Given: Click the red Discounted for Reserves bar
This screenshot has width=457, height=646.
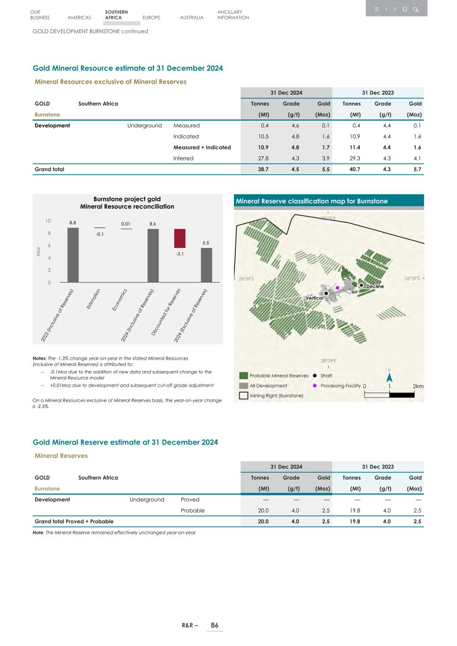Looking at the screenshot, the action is pos(179,238).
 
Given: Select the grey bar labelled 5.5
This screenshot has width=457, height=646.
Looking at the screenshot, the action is pos(206,265).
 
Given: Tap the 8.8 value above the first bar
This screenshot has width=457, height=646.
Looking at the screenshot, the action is pos(73,222).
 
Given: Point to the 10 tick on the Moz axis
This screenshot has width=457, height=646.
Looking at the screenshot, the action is pos(48,221).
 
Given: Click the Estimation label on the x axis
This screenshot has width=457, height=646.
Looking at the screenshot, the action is pos(93,299).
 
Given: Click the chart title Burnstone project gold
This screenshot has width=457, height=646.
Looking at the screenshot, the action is pos(127,199).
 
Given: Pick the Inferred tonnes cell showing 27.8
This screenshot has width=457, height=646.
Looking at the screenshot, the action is pos(263,159).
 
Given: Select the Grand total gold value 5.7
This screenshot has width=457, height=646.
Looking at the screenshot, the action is pos(417,169).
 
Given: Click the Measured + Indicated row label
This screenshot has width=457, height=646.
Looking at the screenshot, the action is pos(202,147).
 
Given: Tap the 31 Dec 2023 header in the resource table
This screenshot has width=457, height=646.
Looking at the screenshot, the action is pos(377,93).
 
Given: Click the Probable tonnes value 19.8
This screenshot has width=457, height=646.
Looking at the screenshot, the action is pos(355,511).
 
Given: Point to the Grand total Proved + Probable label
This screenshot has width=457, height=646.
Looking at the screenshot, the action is pos(74,522).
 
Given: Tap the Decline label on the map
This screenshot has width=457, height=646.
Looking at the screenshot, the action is pos(375,286).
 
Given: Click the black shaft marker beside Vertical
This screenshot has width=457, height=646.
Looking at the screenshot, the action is pos(326,293).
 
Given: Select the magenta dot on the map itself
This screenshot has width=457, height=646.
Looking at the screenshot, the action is pos(337,288).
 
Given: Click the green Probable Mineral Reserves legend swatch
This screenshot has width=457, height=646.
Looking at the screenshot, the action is pos(243,375).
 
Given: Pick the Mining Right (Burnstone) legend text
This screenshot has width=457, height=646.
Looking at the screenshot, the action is pos(277,396).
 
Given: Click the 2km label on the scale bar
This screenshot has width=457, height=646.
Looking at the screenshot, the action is pos(418,386).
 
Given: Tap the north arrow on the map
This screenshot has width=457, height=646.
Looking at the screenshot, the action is pos(389,377).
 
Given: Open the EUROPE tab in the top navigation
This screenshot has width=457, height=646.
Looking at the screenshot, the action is pos(151,18).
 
